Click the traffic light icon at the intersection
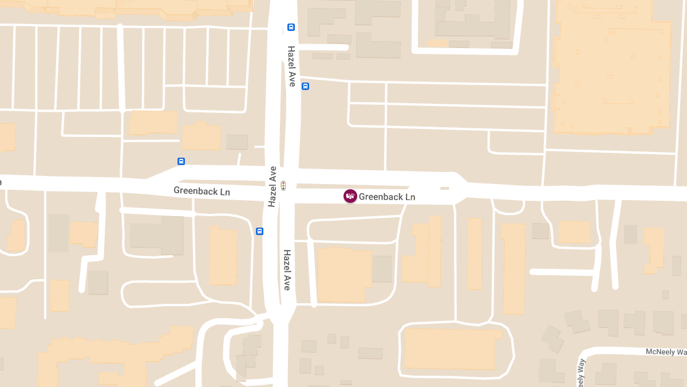coord(283,185)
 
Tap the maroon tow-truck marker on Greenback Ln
coord(350,196)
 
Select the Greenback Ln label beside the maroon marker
coord(387,197)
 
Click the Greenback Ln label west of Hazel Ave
coord(202,191)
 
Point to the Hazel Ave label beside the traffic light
coord(273,186)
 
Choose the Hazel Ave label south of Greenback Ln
coord(287,269)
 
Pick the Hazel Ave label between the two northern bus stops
coord(291,66)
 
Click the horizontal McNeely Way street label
coord(666,351)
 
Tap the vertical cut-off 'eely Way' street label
coord(582,373)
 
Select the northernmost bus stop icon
coord(291,27)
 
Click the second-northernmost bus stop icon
coord(305,87)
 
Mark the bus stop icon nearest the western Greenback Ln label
coord(181,161)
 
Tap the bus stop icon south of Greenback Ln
coord(259,231)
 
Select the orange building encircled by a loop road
coord(449,349)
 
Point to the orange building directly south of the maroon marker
coord(343,274)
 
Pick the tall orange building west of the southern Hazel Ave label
coord(223,256)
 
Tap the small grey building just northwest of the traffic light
coord(237,142)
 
